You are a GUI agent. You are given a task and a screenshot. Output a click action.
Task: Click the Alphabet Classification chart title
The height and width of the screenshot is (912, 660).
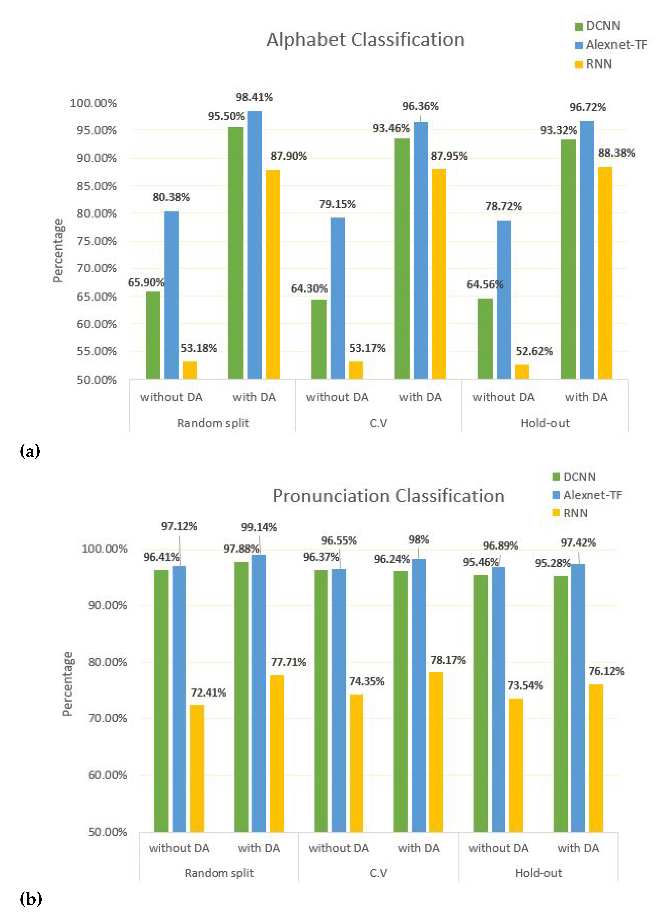(365, 40)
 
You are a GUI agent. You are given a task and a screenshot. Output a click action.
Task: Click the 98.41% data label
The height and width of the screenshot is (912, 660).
(254, 97)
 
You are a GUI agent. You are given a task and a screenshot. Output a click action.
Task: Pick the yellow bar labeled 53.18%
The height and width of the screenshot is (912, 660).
(190, 370)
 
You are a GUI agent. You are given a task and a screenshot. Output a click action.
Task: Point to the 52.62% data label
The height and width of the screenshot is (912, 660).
(534, 351)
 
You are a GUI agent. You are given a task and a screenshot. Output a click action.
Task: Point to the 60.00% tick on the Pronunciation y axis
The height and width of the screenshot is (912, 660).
(107, 775)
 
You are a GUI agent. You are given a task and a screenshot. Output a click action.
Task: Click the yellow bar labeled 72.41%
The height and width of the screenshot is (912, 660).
(197, 768)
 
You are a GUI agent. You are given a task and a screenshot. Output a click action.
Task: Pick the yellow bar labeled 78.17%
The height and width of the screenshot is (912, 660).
(436, 752)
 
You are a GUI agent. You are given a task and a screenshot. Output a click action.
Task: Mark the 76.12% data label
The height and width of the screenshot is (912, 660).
(606, 671)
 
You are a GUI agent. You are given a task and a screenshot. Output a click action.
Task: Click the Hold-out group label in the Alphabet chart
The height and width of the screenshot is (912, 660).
(545, 423)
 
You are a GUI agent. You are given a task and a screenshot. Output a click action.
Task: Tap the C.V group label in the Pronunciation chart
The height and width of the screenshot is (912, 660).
(378, 873)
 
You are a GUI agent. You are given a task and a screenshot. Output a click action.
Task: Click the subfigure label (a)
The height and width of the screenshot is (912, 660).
(30, 451)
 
